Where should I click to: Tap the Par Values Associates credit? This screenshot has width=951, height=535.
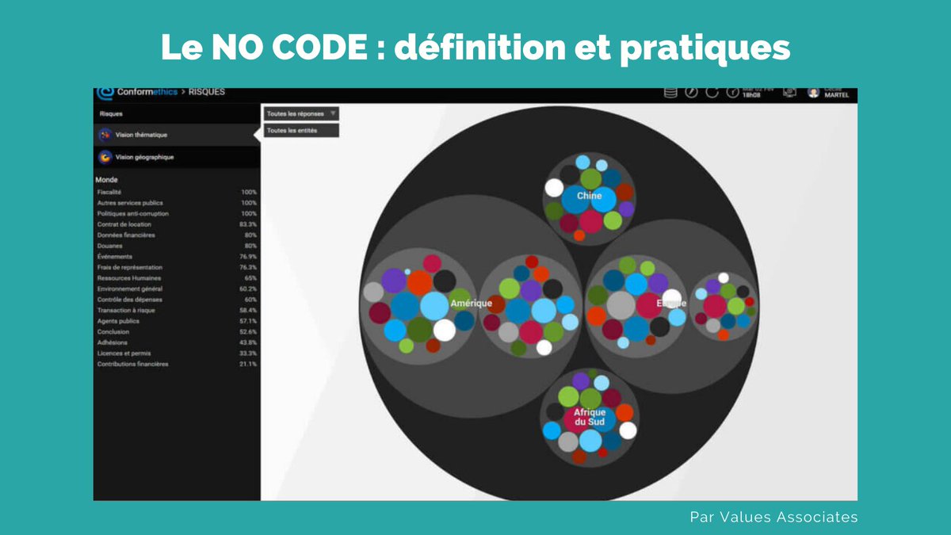coord(773,517)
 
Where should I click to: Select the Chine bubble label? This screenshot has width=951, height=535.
coord(589,196)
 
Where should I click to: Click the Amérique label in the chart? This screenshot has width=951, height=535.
coord(471,304)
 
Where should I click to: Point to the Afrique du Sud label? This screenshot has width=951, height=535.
coord(589,417)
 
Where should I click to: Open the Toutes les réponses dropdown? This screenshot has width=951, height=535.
coord(301,113)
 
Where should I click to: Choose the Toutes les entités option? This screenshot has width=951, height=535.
coord(292,130)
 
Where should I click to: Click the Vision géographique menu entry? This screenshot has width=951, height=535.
coord(144,157)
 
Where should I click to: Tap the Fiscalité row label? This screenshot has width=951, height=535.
coord(109,192)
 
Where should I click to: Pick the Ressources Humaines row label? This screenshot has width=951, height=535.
coord(128,278)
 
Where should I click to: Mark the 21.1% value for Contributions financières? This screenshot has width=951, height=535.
coord(248,364)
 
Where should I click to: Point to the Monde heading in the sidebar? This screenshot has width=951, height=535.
coord(106,180)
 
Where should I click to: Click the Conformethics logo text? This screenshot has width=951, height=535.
coord(147,92)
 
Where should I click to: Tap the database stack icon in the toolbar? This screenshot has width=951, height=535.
coord(670,93)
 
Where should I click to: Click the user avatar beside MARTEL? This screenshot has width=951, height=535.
coord(813,93)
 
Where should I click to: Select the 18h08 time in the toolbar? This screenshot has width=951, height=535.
coord(751,95)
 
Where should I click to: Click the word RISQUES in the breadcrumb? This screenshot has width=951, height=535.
coord(207,92)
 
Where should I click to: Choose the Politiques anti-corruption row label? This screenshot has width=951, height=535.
coord(132,213)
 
